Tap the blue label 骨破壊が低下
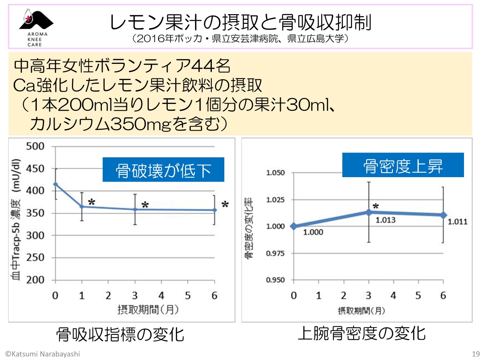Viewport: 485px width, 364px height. pos(163,169)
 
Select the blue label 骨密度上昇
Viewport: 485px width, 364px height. pos(403,165)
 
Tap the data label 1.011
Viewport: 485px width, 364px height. pos(458,222)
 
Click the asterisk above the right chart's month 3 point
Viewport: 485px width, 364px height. pos(376,206)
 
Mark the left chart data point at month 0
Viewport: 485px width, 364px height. pos(55,184)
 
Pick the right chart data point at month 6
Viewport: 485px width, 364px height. pos(443,215)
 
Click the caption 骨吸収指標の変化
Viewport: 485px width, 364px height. pos(120,334)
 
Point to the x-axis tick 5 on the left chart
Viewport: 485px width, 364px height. pos(188,296)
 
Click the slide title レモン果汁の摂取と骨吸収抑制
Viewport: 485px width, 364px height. pos(240,23)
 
